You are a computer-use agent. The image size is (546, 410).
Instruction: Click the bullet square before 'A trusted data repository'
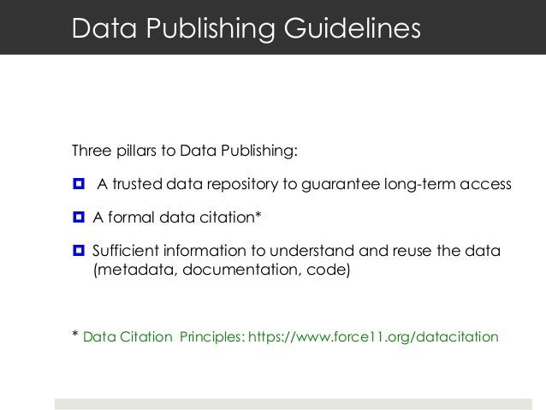tap(79, 185)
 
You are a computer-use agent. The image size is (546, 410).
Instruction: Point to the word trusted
tap(138, 185)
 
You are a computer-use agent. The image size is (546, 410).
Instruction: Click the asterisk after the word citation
tap(258, 216)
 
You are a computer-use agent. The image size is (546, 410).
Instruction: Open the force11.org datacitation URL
tap(372, 336)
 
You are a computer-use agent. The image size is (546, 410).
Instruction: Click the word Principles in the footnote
tap(211, 336)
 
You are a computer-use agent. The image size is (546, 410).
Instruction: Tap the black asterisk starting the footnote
tap(75, 335)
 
